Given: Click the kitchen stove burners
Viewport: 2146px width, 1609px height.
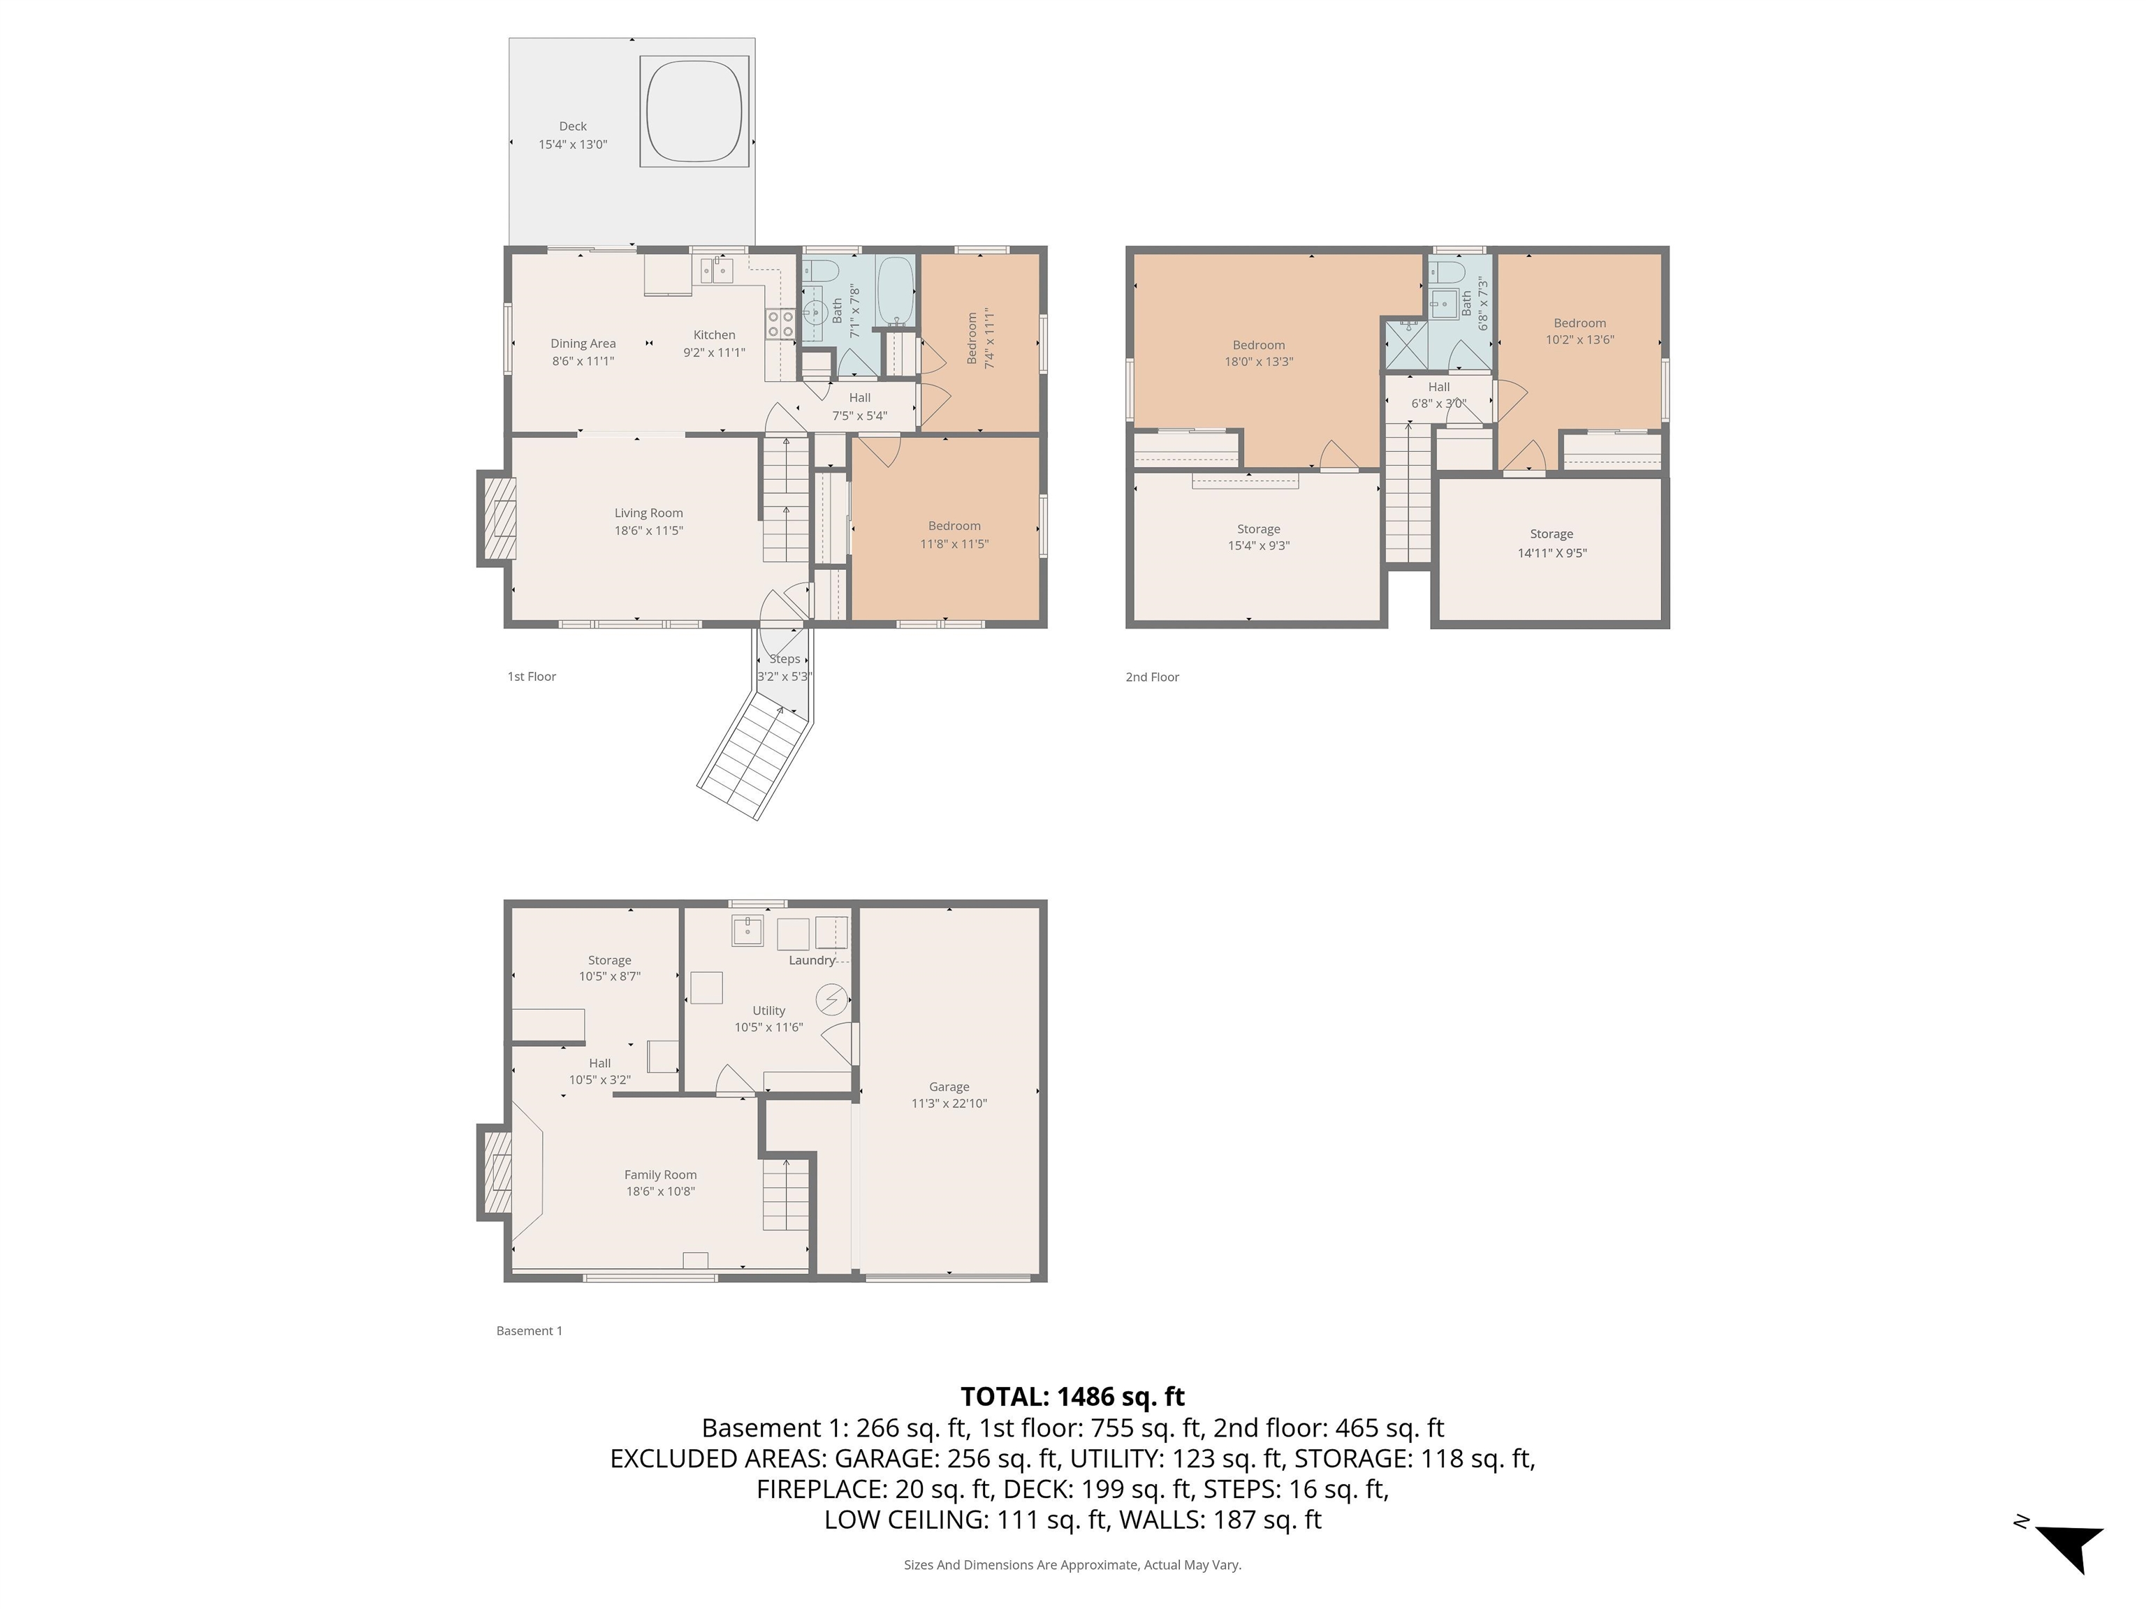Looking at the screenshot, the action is (780, 323).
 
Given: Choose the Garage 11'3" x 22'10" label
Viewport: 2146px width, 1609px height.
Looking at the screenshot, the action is (949, 1095).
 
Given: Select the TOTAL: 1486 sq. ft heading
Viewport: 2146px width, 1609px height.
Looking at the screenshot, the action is (1072, 1397).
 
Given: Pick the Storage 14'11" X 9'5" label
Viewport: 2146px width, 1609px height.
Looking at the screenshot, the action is (1552, 543).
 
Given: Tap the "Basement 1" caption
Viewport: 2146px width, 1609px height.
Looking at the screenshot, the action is (529, 1330).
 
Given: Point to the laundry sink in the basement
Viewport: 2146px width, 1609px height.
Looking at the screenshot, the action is (747, 930).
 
